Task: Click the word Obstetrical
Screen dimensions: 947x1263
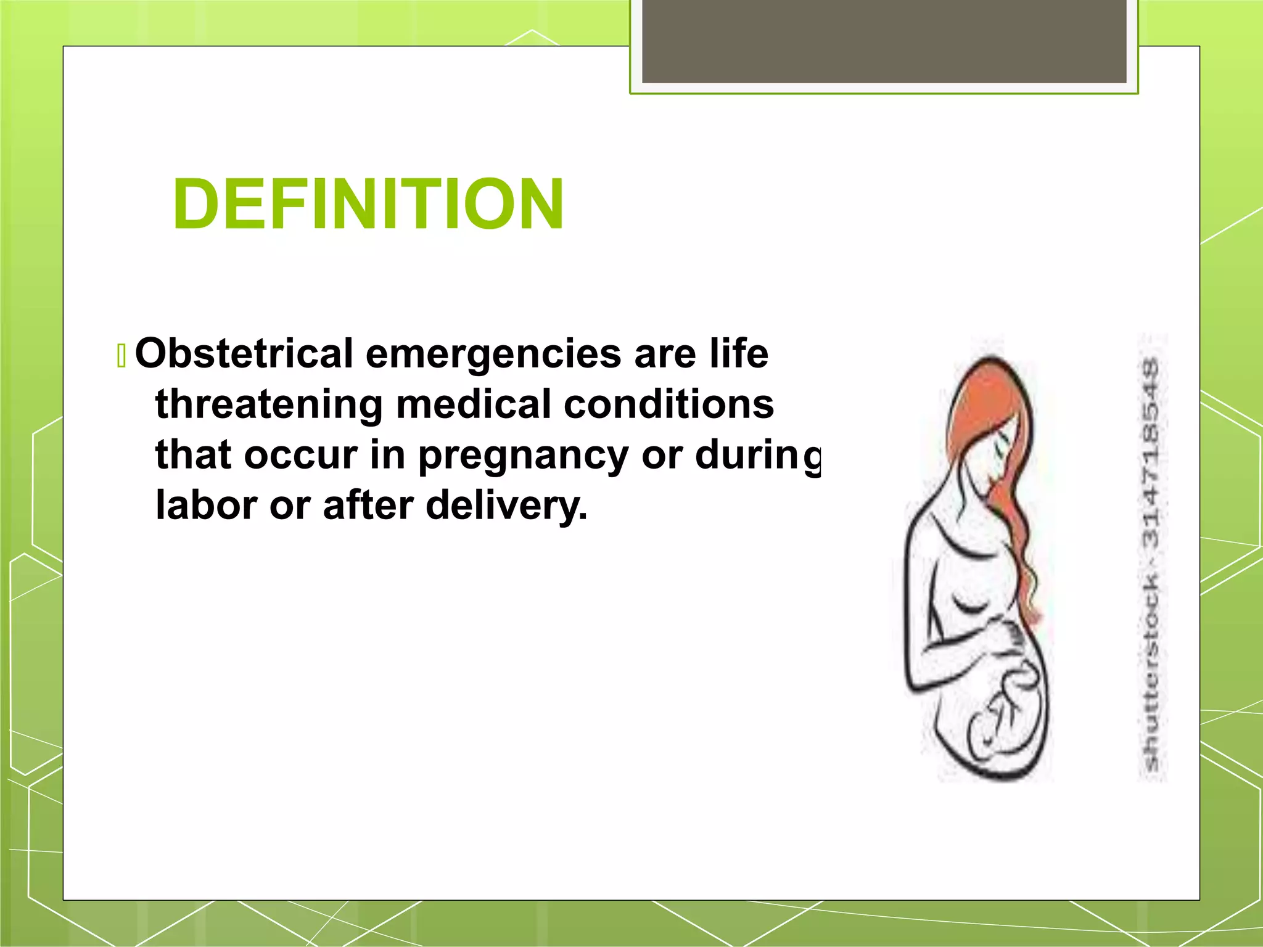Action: (x=244, y=354)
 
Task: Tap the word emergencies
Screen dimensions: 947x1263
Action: (x=493, y=355)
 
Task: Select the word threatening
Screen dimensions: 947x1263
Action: (x=269, y=404)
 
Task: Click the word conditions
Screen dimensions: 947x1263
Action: (x=669, y=404)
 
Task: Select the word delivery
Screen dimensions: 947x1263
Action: (x=506, y=506)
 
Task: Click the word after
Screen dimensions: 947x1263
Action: (x=368, y=506)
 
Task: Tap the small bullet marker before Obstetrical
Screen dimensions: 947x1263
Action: (x=121, y=356)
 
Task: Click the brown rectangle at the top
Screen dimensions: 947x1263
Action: (x=884, y=41)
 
